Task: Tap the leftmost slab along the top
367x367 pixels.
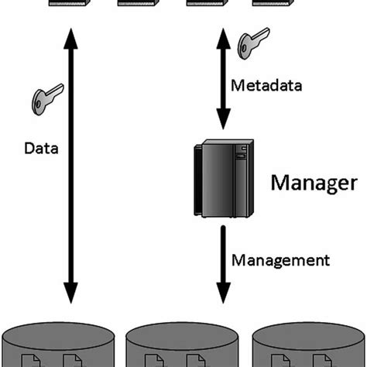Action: [68, 5]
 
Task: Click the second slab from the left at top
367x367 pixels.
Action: [139, 5]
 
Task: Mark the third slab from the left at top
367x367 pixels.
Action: [208, 5]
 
